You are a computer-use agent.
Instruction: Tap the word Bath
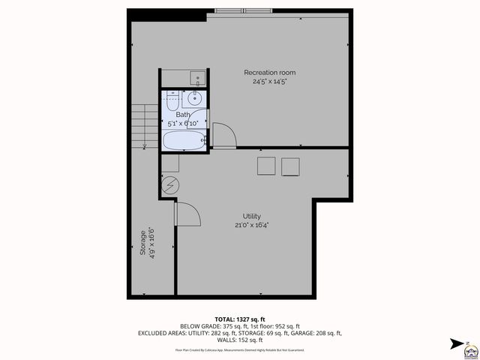click(183, 115)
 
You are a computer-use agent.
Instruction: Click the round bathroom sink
click(195, 97)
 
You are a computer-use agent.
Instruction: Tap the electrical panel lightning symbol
click(170, 184)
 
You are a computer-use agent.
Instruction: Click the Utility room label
click(251, 216)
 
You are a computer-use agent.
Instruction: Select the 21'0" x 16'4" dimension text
click(251, 224)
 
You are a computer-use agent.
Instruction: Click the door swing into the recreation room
click(224, 135)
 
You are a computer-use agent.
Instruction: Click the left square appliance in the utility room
click(266, 166)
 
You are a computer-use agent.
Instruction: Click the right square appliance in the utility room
click(291, 166)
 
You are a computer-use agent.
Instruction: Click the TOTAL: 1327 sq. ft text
click(241, 319)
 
